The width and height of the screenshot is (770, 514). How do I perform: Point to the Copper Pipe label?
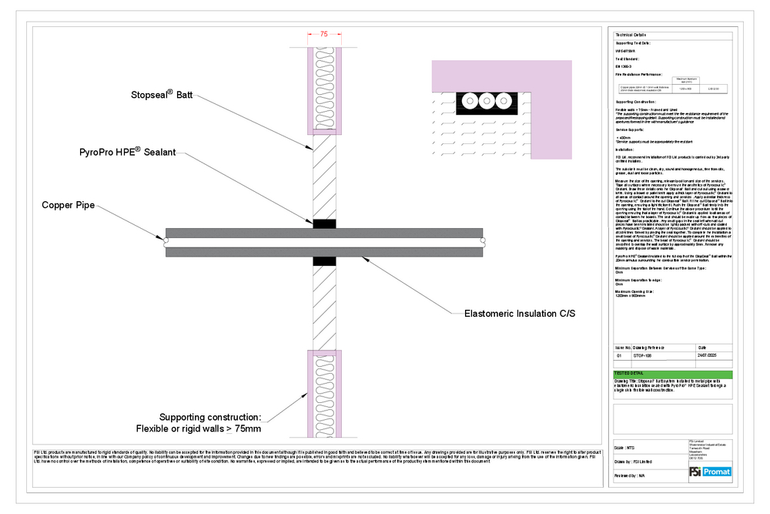click(x=69, y=207)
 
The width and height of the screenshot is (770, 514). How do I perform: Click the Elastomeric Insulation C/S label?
click(x=520, y=314)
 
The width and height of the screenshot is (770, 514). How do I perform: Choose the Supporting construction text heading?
click(x=209, y=417)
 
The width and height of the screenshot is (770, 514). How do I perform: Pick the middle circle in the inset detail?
click(x=484, y=101)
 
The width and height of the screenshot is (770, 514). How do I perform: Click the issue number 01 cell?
click(x=621, y=357)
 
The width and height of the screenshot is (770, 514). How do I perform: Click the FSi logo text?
click(x=697, y=472)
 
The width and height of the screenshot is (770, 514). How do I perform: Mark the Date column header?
click(x=703, y=348)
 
